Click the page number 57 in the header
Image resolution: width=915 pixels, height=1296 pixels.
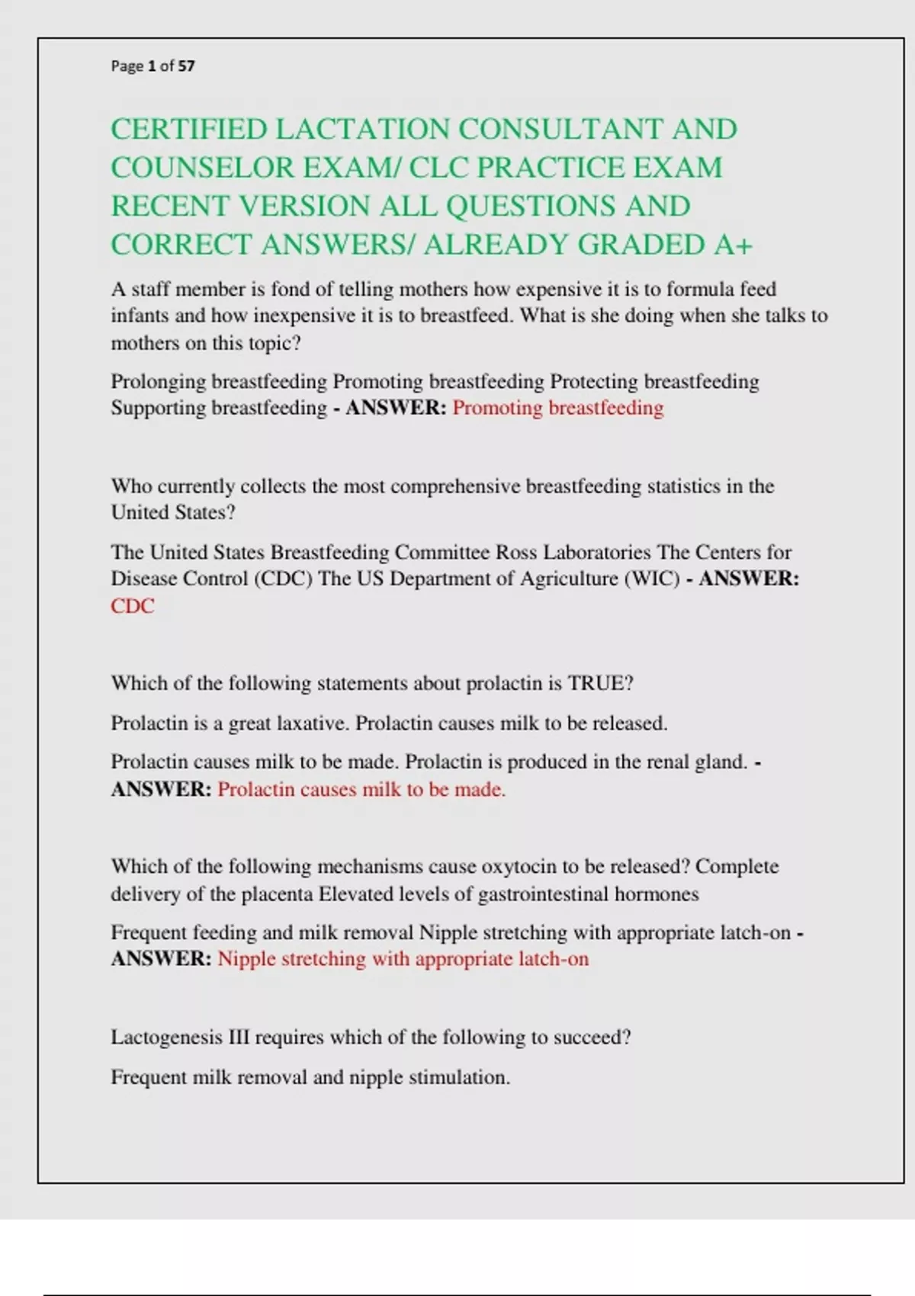pyautogui.click(x=186, y=66)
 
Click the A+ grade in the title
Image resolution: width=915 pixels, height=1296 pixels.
pyautogui.click(x=734, y=245)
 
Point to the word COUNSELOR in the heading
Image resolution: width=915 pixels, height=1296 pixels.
pyautogui.click(x=202, y=168)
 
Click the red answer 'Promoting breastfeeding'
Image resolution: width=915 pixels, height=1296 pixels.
pyautogui.click(x=557, y=408)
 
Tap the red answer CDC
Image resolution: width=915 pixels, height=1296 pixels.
pyautogui.click(x=133, y=606)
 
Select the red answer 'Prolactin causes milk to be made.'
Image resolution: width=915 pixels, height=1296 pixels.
pyautogui.click(x=361, y=789)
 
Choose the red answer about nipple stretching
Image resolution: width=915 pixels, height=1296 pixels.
pyautogui.click(x=403, y=959)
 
